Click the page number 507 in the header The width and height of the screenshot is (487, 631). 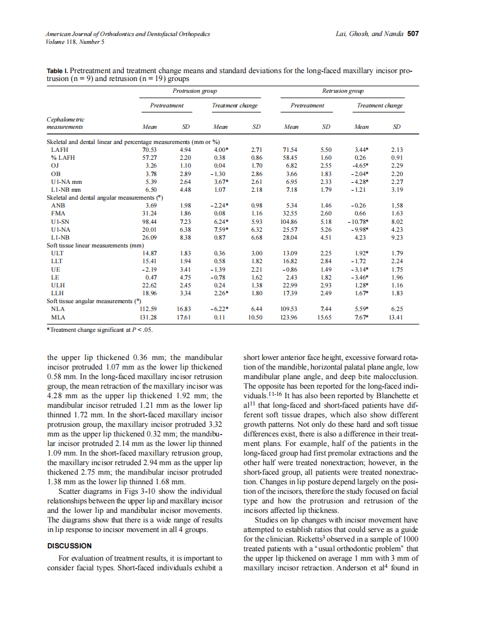click(x=413, y=34)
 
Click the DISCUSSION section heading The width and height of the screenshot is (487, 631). click(x=69, y=546)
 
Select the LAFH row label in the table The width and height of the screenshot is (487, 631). click(x=58, y=150)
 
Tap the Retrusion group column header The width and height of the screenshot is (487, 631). click(x=342, y=91)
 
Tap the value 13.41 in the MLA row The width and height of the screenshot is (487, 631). click(x=396, y=317)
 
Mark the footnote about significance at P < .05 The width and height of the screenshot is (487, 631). click(x=100, y=330)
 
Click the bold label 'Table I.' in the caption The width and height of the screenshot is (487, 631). click(x=57, y=71)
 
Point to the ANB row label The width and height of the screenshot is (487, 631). click(x=57, y=206)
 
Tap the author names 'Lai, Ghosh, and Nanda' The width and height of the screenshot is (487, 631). click(x=368, y=34)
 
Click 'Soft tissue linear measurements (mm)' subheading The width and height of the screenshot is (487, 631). click(x=96, y=245)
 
